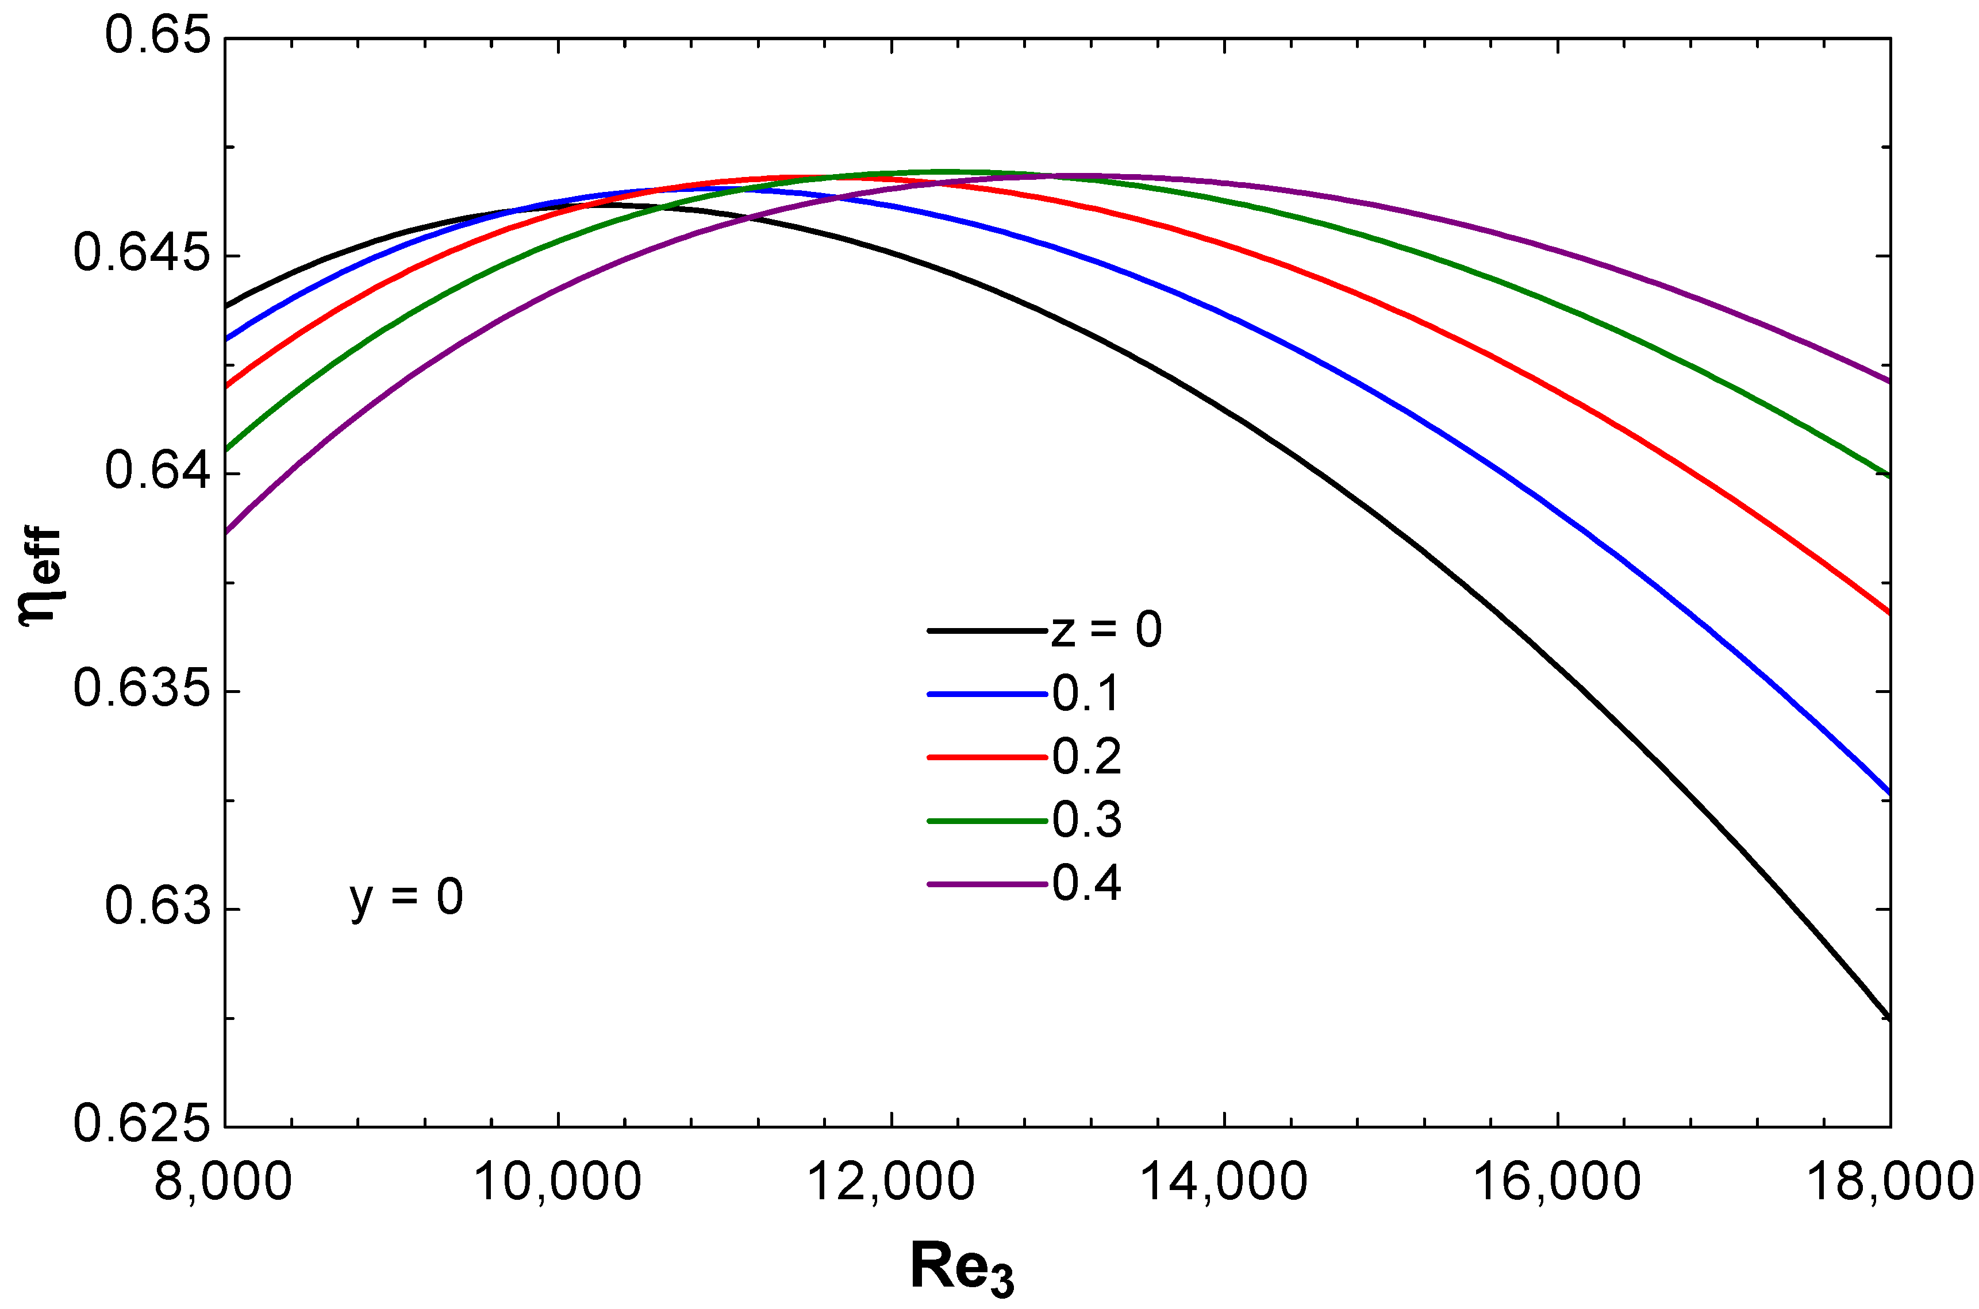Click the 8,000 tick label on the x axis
223,1183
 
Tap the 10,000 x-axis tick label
557,1183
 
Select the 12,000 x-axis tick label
891,1183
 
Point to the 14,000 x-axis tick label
1223,1183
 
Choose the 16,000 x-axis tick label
1557,1183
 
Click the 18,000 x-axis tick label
1889,1183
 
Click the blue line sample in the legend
987,694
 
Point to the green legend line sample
987,821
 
